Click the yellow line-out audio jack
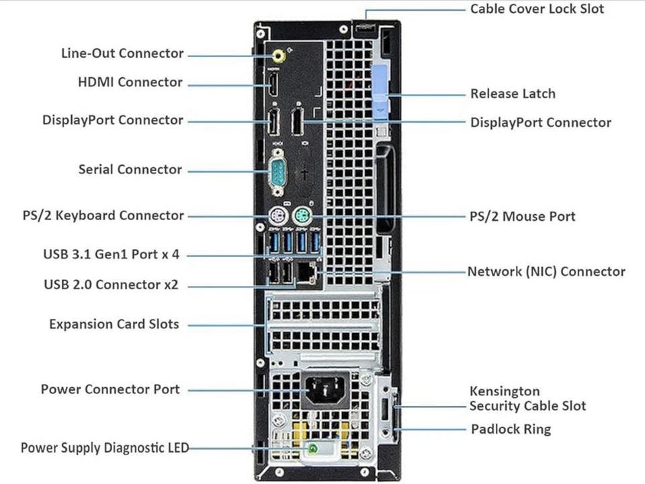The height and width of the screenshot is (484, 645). [277, 56]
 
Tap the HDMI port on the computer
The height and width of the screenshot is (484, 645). [273, 85]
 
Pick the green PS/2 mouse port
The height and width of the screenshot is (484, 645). [302, 215]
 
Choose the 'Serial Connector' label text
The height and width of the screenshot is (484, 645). [130, 170]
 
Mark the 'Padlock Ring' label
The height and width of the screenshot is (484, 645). [511, 429]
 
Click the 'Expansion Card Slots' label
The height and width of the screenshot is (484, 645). [114, 324]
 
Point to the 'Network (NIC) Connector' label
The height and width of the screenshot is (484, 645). [546, 272]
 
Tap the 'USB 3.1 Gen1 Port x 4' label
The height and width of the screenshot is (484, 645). [111, 254]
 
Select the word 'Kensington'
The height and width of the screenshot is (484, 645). [505, 391]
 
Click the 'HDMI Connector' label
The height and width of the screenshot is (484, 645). [130, 83]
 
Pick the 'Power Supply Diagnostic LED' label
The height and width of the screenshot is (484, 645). [105, 448]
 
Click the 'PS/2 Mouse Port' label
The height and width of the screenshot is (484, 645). [523, 216]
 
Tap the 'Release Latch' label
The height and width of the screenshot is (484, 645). [513, 94]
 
